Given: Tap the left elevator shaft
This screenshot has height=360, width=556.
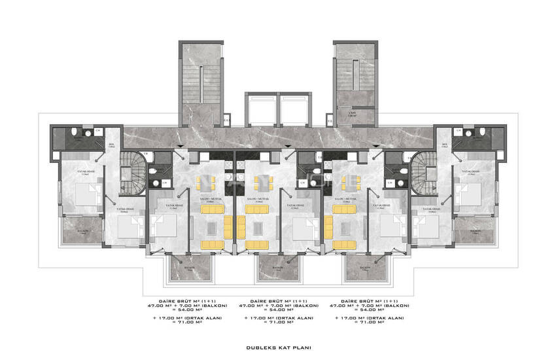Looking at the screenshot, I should click(x=260, y=109).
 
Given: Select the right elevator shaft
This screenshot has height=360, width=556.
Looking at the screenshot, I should click(x=295, y=109).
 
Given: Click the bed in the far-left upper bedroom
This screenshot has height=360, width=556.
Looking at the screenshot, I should click(x=83, y=194).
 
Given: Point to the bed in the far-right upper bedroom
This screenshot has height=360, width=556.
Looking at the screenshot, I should click(x=472, y=194).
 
